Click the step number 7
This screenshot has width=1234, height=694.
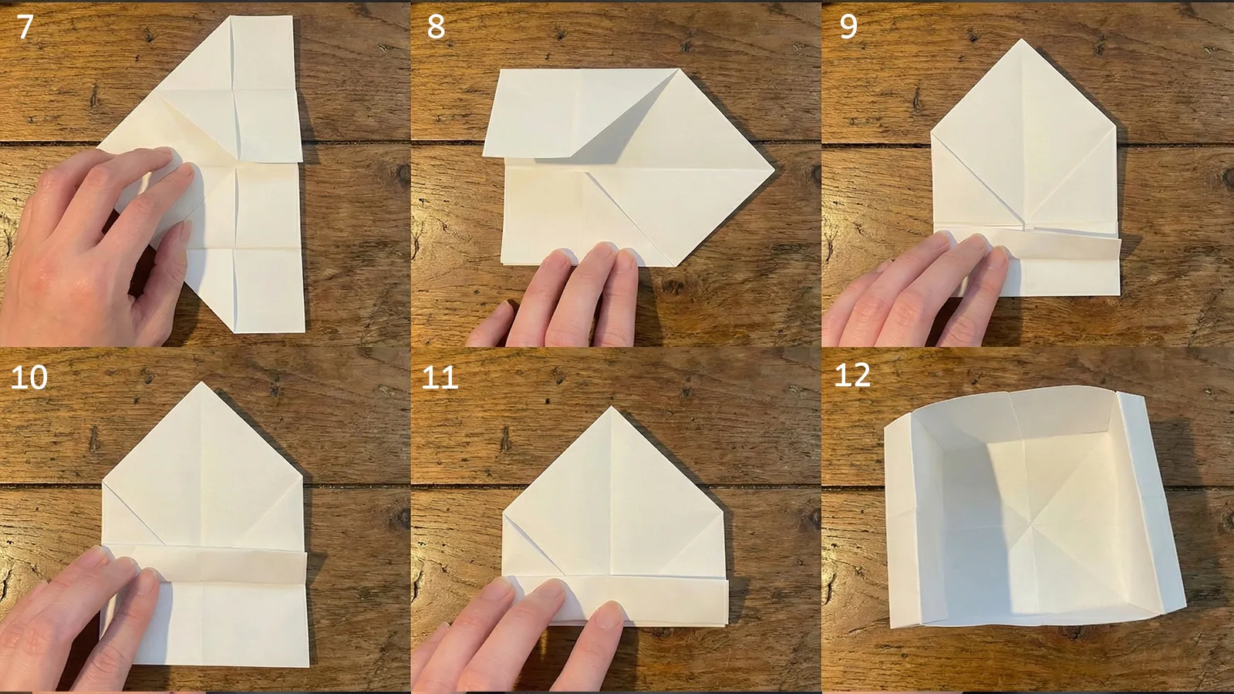pos(25,27)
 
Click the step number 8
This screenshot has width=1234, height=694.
pos(436,27)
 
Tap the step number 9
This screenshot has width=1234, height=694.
pos(848,27)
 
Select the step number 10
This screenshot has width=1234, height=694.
pos(29,377)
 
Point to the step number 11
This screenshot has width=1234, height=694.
pos(440,377)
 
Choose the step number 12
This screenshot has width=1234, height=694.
pos(852,375)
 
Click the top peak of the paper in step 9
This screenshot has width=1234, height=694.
pos(1023,40)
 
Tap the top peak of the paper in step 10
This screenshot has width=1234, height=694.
pos(202,383)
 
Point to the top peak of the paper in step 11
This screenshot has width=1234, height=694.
pos(612,408)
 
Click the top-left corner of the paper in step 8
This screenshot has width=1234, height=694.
pos(499,71)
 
